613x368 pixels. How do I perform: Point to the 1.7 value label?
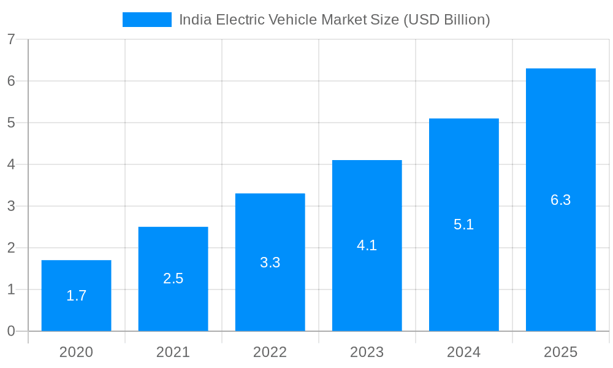click(x=76, y=296)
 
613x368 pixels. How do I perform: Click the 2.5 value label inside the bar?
click(x=173, y=278)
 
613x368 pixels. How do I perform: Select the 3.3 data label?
click(x=270, y=263)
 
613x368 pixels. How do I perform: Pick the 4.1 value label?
click(x=367, y=245)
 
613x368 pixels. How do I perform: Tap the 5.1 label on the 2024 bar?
click(x=463, y=224)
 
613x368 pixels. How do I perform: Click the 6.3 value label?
click(x=560, y=200)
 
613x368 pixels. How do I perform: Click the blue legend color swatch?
click(x=147, y=20)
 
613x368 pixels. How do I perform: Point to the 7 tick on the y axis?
click(x=11, y=39)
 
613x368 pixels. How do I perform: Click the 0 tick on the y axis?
click(x=11, y=331)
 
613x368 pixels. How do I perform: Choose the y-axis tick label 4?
click(x=11, y=164)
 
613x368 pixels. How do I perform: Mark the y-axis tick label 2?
click(x=11, y=248)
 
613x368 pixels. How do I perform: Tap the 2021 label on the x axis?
click(x=173, y=352)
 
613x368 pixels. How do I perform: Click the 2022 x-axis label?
click(x=270, y=352)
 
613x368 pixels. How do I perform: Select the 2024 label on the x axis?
click(x=463, y=352)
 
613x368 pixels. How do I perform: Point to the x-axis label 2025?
click(x=560, y=352)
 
